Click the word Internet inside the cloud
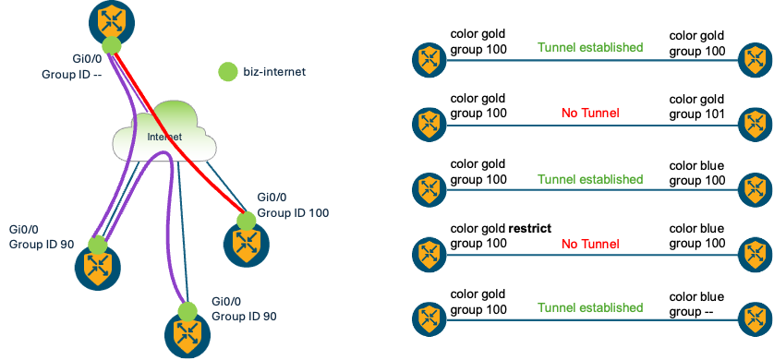[164, 138]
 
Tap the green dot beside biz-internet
[228, 71]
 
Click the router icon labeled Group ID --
[111, 18]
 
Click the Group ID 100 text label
[294, 212]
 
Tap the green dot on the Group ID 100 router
[245, 221]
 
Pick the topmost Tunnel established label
[590, 46]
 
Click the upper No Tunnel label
[589, 113]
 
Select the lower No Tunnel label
[589, 244]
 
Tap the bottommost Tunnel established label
[590, 306]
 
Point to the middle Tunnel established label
[590, 178]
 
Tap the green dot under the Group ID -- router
[111, 46]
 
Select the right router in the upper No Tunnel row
[756, 123]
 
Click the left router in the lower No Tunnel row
[429, 255]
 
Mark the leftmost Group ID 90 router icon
[97, 266]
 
